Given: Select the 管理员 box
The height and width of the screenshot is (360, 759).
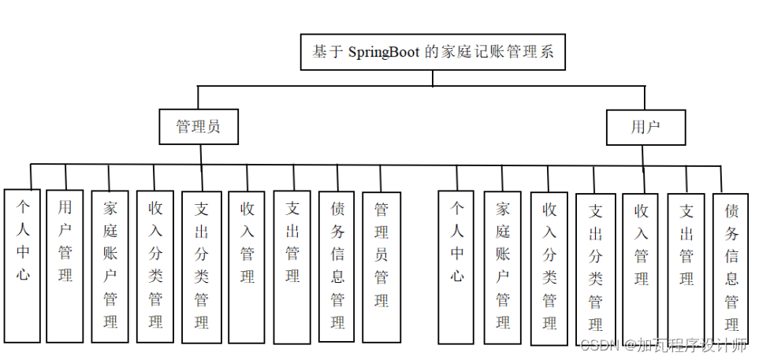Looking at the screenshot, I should [198, 127].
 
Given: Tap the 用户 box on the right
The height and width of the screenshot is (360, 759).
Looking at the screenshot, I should [646, 127].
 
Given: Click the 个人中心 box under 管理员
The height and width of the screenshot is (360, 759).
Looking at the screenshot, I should [22, 265].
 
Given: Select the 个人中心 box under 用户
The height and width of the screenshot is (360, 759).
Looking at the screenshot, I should [456, 266].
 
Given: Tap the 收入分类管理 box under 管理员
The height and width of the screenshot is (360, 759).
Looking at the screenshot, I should [155, 266].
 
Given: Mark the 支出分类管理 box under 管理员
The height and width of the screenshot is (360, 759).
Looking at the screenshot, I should [202, 266].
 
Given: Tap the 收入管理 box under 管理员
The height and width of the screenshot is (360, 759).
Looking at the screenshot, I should [247, 266].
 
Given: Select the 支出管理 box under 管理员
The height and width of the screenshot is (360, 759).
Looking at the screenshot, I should [292, 266].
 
